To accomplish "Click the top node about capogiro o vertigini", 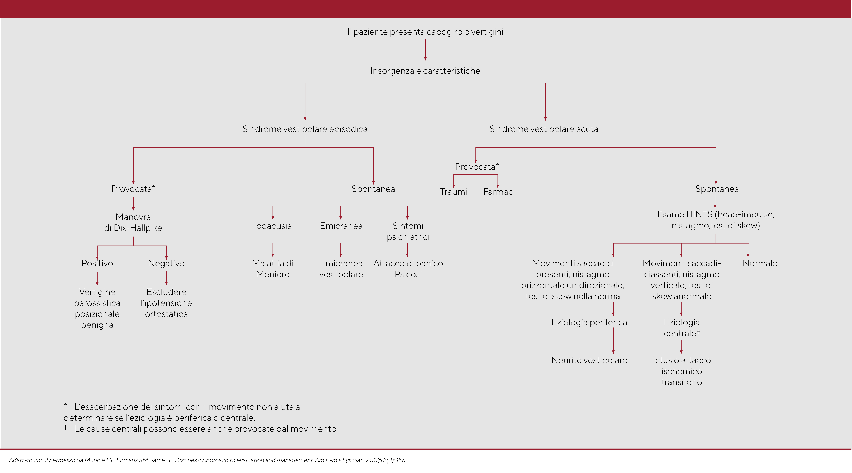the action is click(425, 32).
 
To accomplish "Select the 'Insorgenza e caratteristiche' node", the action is click(425, 71).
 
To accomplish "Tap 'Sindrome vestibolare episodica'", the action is click(305, 129).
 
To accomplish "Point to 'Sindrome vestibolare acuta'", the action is click(544, 129).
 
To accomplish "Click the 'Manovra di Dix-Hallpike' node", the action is click(133, 222).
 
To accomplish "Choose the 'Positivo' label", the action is click(97, 263).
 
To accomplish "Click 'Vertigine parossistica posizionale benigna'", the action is click(97, 308).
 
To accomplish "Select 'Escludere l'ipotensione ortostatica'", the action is click(166, 303).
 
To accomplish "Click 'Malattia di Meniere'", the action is click(273, 269).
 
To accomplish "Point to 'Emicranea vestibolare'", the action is click(341, 269).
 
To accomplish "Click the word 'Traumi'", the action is click(453, 192).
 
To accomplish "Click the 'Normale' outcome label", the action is click(760, 263).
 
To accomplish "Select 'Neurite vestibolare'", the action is click(589, 360).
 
